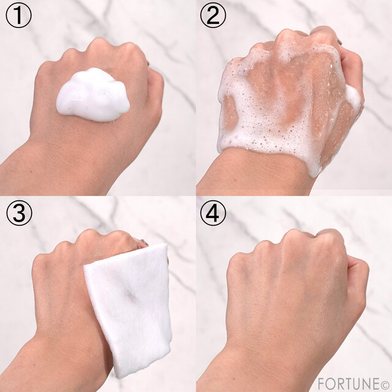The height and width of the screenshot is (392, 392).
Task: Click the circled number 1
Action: pyautogui.click(x=19, y=15)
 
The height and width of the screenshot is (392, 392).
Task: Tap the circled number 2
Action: pyautogui.click(x=213, y=15)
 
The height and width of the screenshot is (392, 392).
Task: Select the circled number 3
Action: pyautogui.click(x=19, y=213)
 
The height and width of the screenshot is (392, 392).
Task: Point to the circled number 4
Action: pyautogui.click(x=213, y=213)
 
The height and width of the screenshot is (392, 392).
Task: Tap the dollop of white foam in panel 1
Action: pyautogui.click(x=93, y=95)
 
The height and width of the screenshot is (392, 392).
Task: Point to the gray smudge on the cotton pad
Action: pyautogui.click(x=130, y=296)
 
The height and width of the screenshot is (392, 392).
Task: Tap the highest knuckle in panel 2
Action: pyautogui.click(x=287, y=35)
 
